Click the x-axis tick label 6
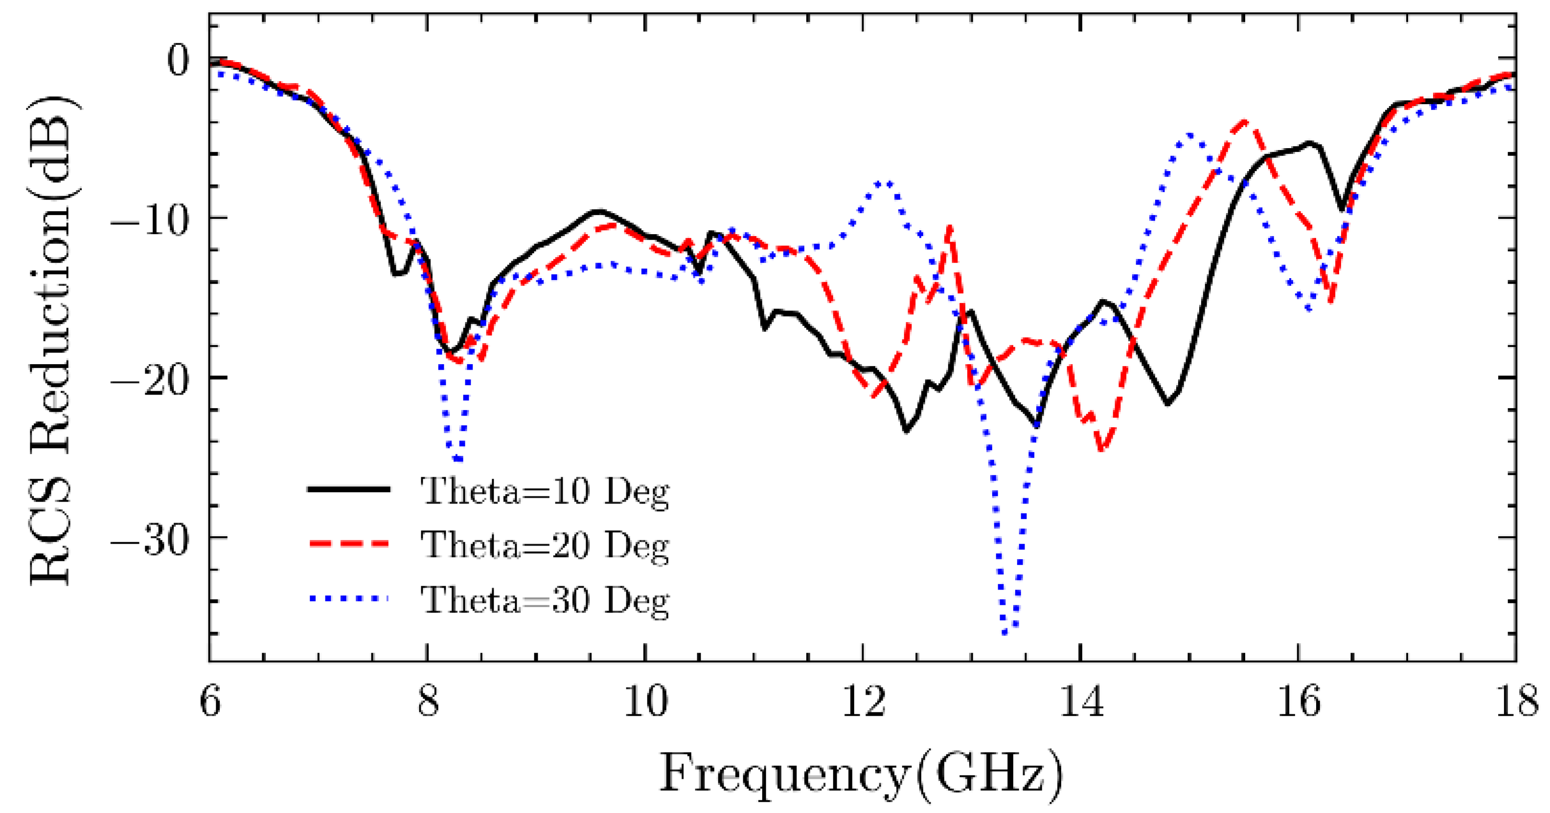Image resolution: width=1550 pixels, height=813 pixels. [x=209, y=703]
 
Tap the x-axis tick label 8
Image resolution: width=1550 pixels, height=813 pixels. [x=428, y=703]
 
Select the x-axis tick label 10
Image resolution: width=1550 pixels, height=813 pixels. [x=646, y=703]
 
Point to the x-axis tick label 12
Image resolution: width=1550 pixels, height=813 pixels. [x=864, y=703]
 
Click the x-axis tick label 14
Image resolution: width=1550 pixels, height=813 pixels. [x=1081, y=703]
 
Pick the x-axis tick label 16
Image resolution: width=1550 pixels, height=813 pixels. [x=1299, y=703]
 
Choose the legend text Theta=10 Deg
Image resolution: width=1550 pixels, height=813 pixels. [x=545, y=491]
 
